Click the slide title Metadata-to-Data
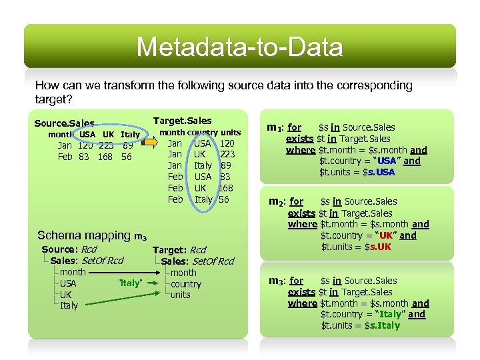pyautogui.click(x=240, y=47)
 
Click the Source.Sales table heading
pyautogui.click(x=64, y=123)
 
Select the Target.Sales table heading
pyautogui.click(x=182, y=121)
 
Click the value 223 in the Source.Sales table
pyautogui.click(x=105, y=145)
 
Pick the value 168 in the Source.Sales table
pyautogui.click(x=105, y=157)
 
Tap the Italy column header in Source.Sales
pyautogui.click(x=130, y=134)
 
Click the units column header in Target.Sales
pyautogui.click(x=231, y=132)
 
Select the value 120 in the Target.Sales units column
pyautogui.click(x=227, y=143)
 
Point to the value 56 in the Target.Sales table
pyautogui.click(x=224, y=199)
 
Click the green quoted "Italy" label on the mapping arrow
pyautogui.click(x=129, y=283)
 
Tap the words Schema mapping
pyautogui.click(x=84, y=235)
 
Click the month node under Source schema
pyautogui.click(x=73, y=272)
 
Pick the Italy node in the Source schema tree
pyautogui.click(x=69, y=305)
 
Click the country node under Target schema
pyautogui.click(x=185, y=283)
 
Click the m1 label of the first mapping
pyautogui.click(x=275, y=127)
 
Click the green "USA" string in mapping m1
pyautogui.click(x=386, y=161)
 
